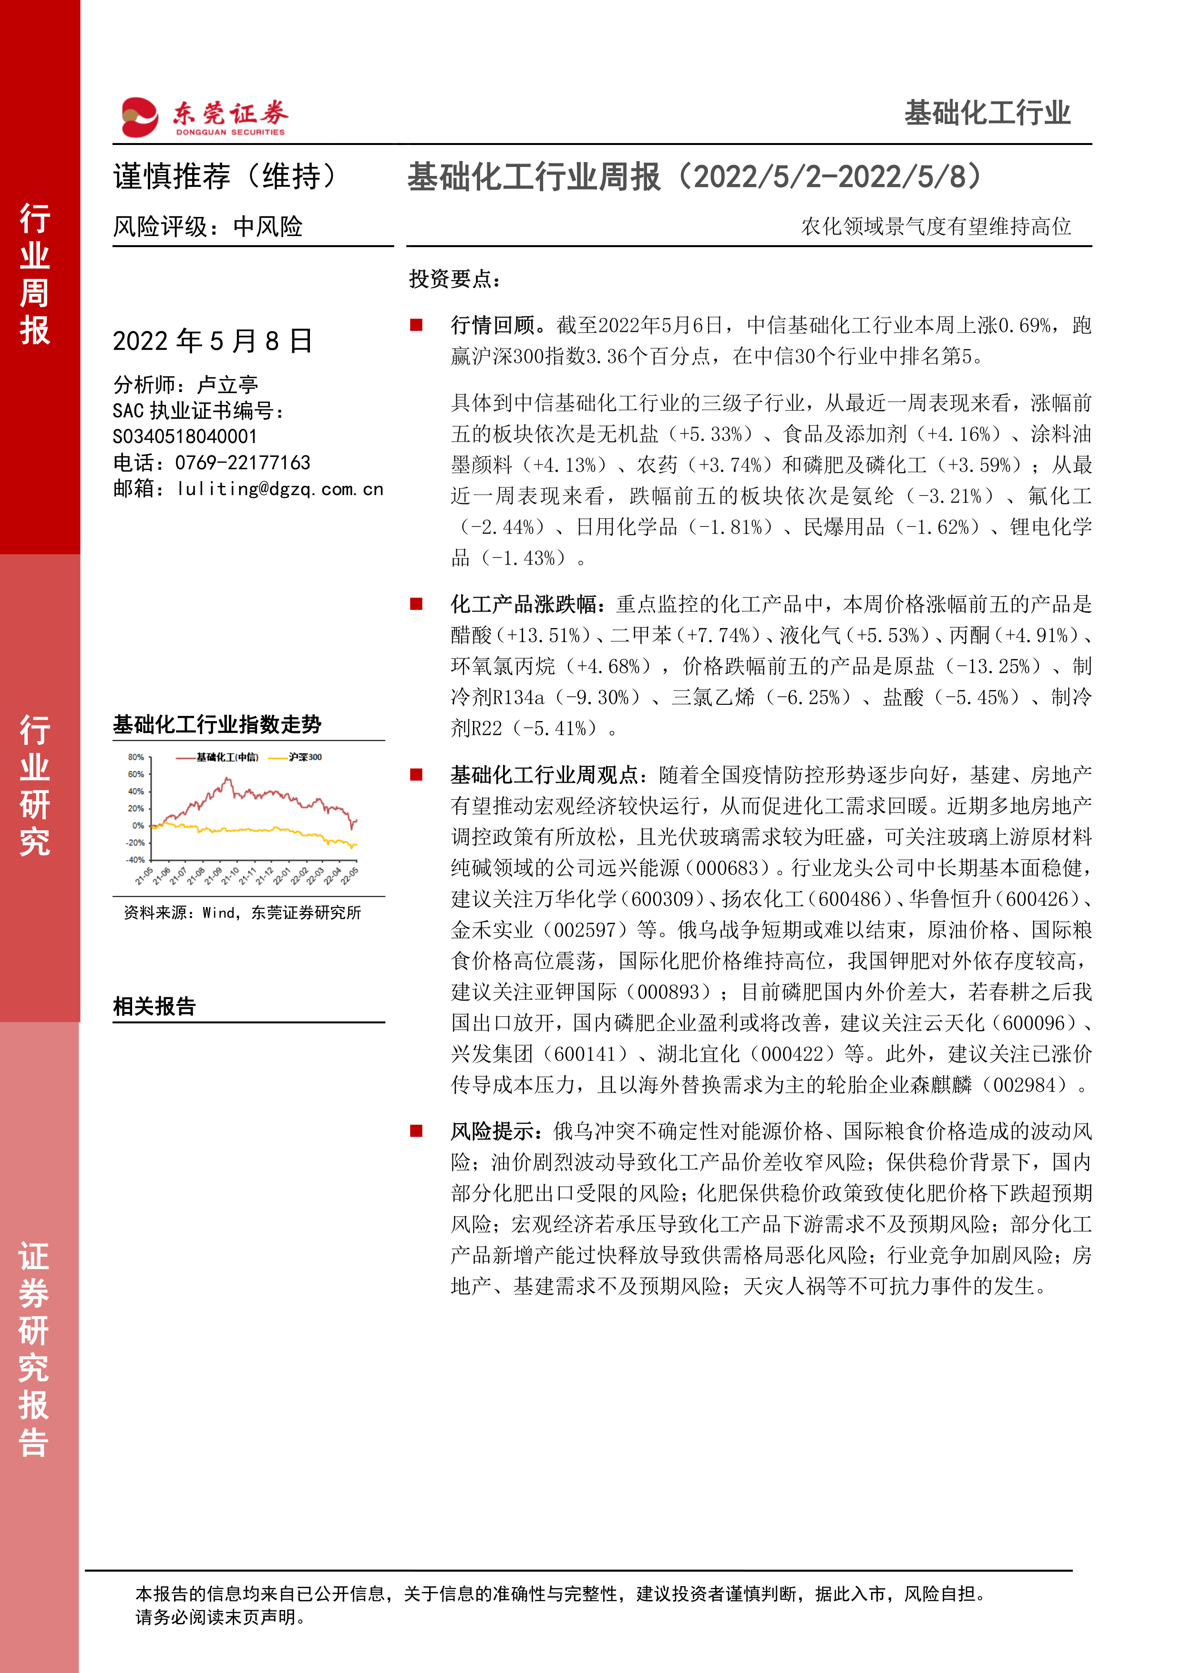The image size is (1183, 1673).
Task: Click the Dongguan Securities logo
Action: point(204,116)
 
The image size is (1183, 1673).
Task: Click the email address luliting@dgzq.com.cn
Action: point(280,489)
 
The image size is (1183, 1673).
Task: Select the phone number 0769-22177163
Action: point(243,463)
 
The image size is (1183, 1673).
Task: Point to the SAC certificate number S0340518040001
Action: point(185,436)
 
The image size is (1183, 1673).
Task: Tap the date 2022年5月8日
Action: point(213,341)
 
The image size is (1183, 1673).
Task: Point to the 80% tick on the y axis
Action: point(136,757)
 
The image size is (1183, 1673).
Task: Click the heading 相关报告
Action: point(154,1006)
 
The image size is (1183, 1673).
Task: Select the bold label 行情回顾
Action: point(493,325)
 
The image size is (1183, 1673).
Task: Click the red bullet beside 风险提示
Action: point(417,1131)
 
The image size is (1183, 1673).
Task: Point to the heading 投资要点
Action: point(455,279)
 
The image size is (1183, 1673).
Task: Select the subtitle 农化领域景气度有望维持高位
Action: point(936,227)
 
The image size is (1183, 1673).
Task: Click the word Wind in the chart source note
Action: point(218,913)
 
